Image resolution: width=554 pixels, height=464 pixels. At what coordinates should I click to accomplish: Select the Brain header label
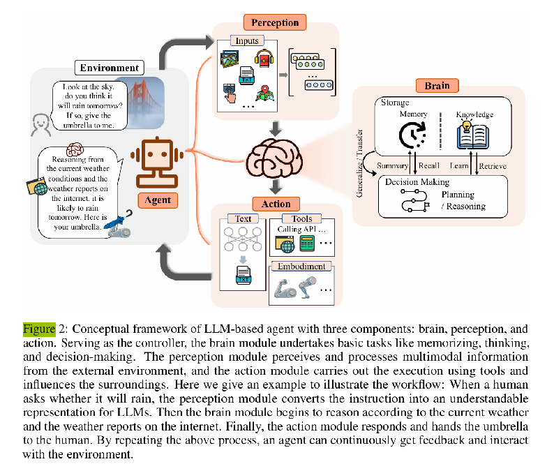pyautogui.click(x=437, y=87)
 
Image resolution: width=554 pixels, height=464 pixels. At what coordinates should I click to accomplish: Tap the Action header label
pyautogui.click(x=276, y=204)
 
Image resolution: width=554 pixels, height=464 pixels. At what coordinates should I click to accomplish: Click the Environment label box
pyautogui.click(x=110, y=68)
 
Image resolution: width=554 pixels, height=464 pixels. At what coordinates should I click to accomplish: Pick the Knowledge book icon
pyautogui.click(x=474, y=134)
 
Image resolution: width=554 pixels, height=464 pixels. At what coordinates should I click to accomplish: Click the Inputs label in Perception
pyautogui.click(x=248, y=40)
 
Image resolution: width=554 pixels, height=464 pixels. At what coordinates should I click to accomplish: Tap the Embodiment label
pyautogui.click(x=301, y=266)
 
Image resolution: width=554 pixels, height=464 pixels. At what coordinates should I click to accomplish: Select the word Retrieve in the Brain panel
pyautogui.click(x=493, y=166)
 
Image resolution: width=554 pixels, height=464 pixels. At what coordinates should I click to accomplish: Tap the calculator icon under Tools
pyautogui.click(x=307, y=244)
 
